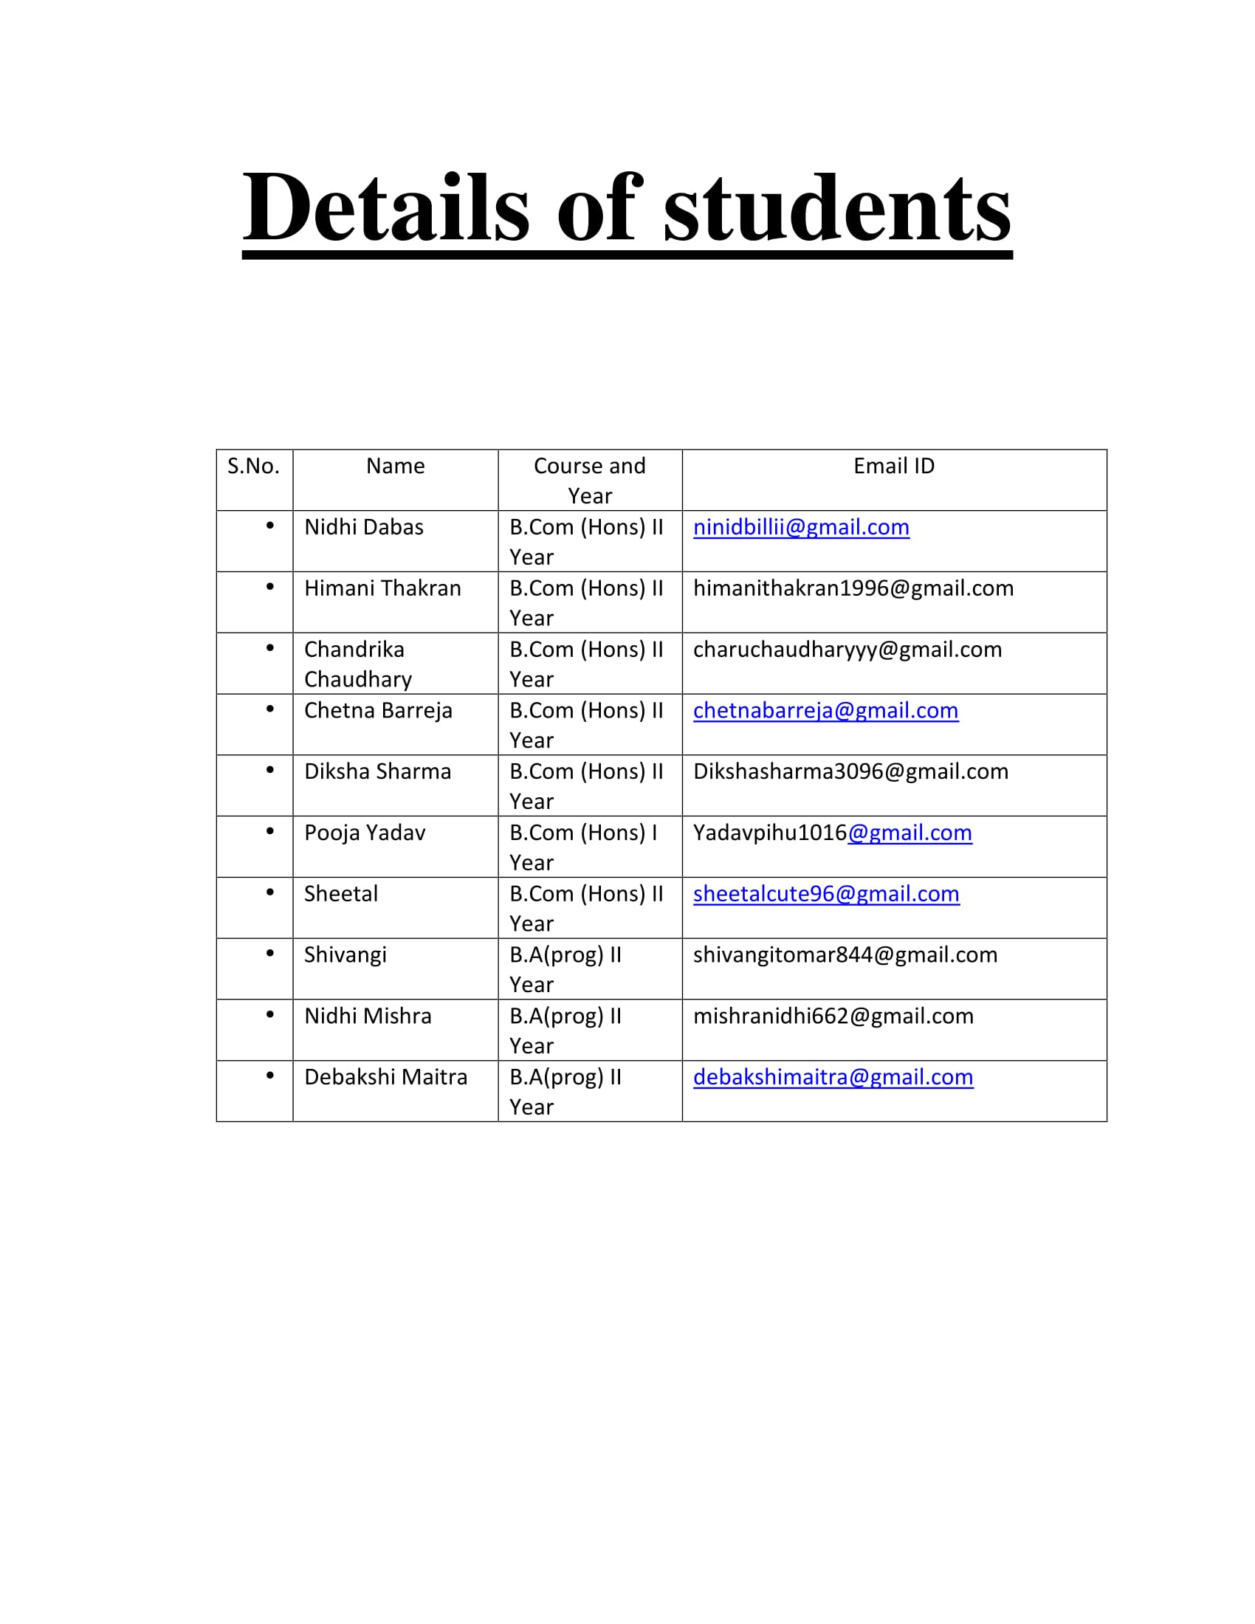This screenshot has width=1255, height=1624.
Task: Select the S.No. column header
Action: tap(253, 467)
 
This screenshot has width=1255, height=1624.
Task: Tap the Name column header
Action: tap(395, 467)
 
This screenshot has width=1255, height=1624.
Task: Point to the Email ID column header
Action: tap(894, 467)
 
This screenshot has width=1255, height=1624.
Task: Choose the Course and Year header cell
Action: tap(590, 481)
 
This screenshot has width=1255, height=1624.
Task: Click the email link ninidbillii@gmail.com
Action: tap(801, 527)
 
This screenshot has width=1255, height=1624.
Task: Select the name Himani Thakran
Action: tap(382, 588)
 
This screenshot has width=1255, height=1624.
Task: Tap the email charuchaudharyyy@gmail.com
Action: tap(847, 649)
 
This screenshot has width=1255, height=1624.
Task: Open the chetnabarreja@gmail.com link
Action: tap(825, 710)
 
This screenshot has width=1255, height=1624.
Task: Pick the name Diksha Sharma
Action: tap(377, 771)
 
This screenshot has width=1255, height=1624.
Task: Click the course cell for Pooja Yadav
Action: tap(584, 847)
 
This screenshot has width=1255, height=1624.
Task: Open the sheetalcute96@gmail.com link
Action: tap(826, 893)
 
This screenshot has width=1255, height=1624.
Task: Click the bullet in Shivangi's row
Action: tap(270, 953)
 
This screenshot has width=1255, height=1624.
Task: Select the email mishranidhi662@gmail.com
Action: tap(833, 1016)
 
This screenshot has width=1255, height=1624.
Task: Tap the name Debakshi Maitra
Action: tap(385, 1077)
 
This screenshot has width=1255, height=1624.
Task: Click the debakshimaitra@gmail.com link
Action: tap(833, 1077)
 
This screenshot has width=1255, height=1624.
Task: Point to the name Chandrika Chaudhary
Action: tap(357, 664)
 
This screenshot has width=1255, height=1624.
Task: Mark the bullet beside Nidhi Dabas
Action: tap(270, 526)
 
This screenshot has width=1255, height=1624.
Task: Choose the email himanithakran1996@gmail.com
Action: tap(853, 588)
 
